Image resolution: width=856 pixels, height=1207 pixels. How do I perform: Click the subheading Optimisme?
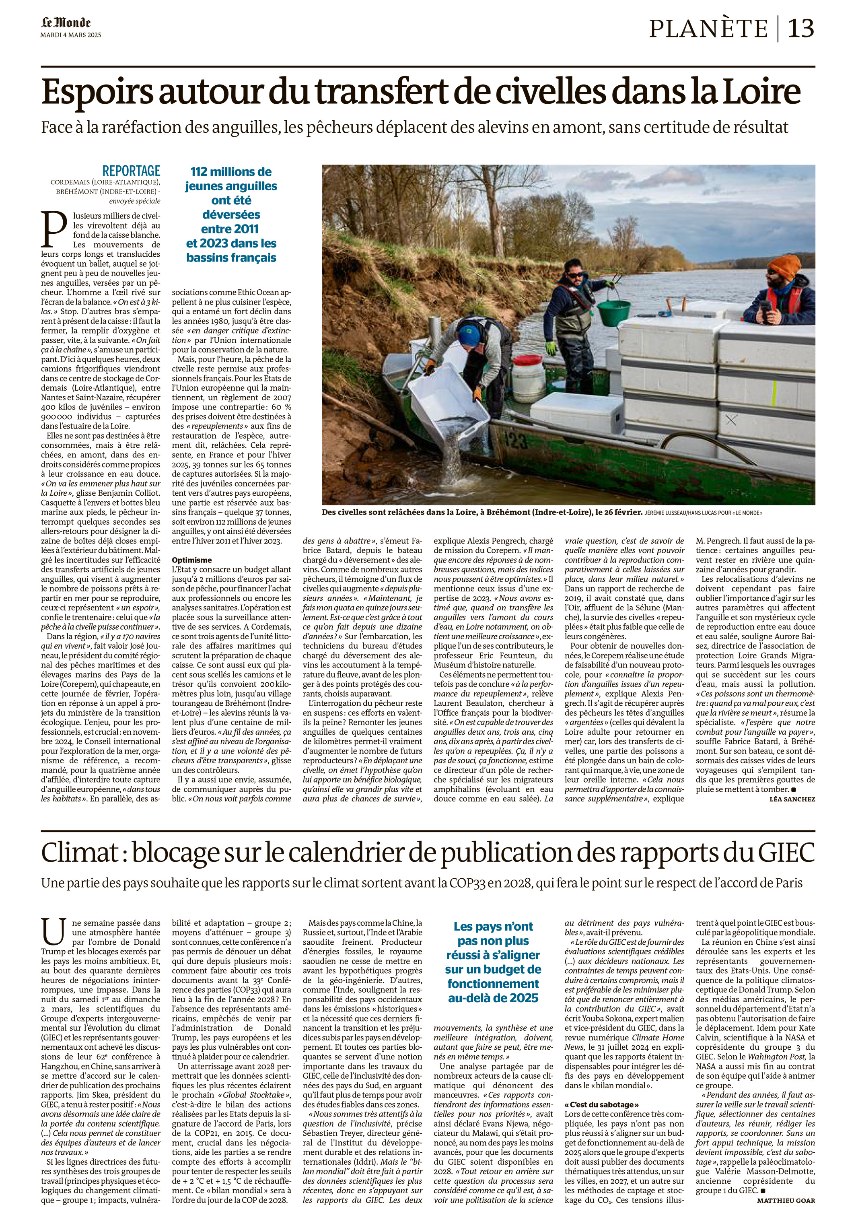192,560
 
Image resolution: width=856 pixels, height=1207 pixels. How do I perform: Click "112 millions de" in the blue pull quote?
231,172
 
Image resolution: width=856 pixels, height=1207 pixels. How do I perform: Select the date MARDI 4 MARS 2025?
71,35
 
